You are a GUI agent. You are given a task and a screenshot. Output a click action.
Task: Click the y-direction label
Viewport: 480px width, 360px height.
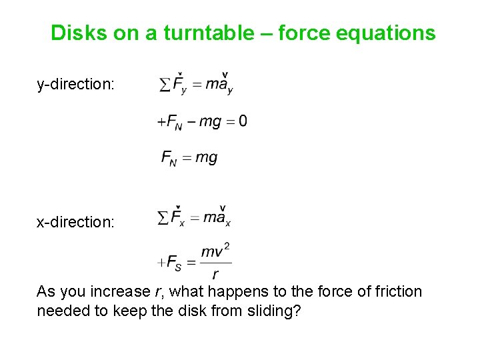75,85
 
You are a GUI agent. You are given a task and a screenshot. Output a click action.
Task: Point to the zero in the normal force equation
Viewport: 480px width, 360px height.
242,121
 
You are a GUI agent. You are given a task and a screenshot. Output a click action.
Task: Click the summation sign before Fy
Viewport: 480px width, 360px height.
164,85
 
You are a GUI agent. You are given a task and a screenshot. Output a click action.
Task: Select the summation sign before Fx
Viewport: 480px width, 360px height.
163,217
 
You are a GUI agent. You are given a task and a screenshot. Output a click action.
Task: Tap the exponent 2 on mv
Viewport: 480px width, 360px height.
227,247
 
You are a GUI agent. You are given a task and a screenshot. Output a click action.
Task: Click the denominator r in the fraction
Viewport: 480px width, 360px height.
215,274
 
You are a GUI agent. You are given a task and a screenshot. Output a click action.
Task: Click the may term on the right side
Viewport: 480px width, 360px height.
219,85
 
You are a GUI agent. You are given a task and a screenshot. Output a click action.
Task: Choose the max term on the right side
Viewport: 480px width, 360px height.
217,217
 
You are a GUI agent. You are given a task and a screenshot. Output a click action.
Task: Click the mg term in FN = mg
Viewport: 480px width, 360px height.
206,157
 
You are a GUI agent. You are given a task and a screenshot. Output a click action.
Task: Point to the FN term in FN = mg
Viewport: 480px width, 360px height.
169,158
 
